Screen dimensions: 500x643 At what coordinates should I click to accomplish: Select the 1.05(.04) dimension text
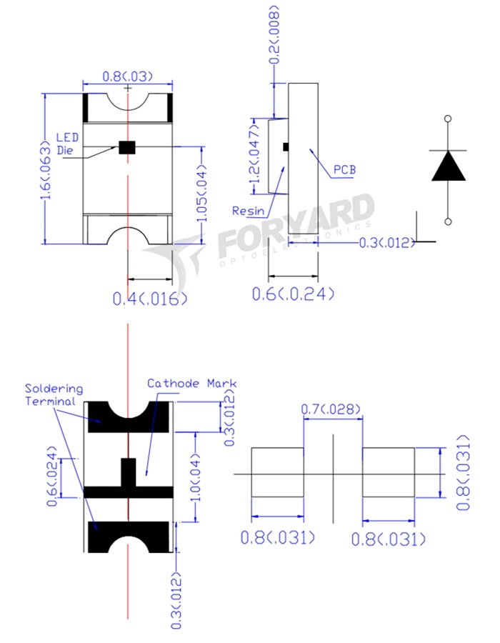(202, 192)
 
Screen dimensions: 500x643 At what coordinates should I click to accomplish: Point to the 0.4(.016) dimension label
(149, 299)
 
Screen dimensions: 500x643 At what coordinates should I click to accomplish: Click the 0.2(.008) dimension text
(274, 35)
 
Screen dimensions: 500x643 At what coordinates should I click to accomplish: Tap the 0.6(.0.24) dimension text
(293, 294)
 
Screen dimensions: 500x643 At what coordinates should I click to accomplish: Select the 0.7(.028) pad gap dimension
(331, 409)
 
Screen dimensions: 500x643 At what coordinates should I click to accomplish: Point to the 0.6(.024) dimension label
(52, 477)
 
